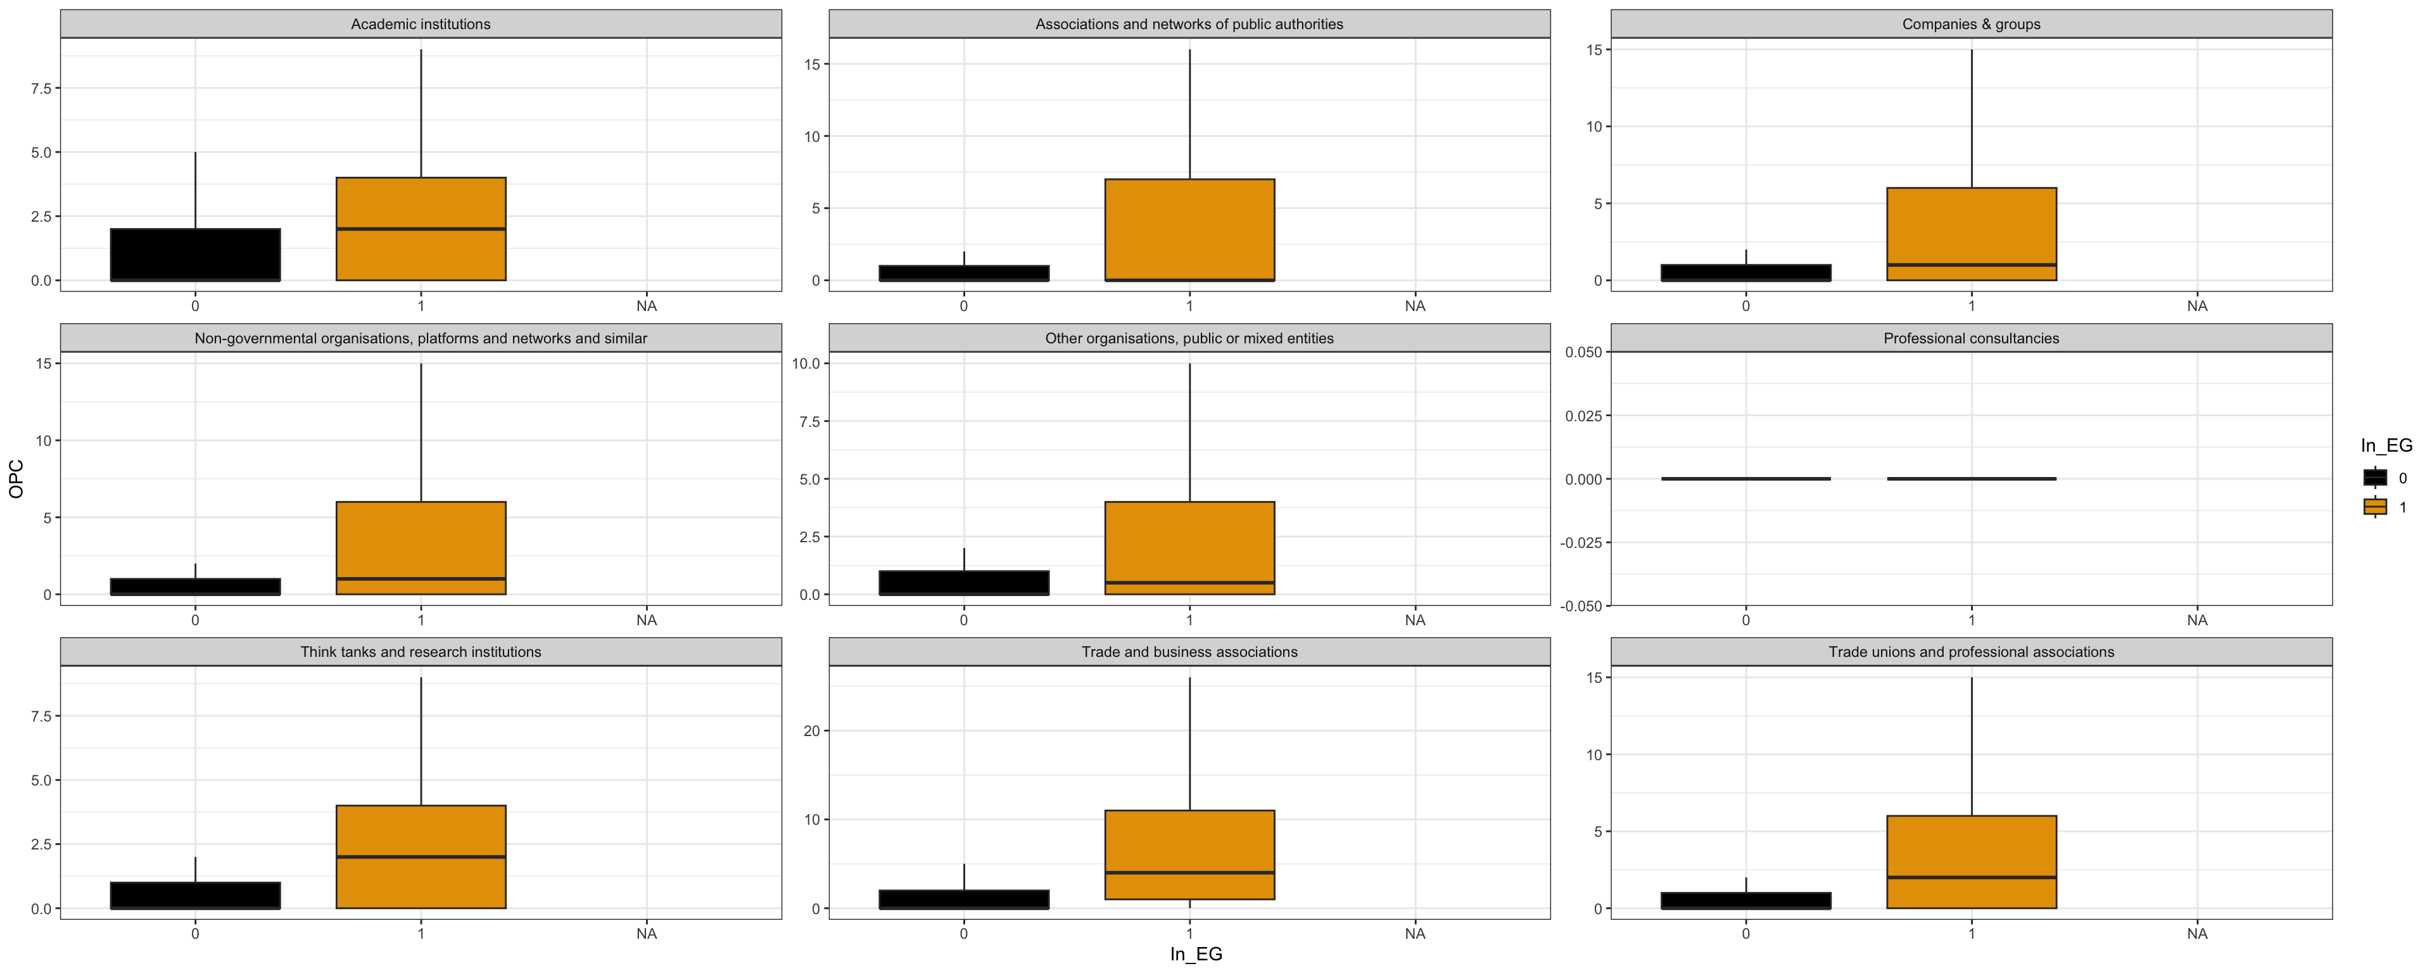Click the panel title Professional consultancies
click(x=1972, y=338)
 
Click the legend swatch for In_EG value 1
click(x=2376, y=507)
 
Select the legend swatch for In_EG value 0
click(x=2376, y=478)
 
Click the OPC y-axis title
click(x=16, y=479)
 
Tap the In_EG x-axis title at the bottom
click(x=1196, y=954)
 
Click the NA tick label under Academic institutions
click(x=646, y=306)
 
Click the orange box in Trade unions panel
click(x=1972, y=862)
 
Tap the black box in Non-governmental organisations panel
click(x=196, y=587)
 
